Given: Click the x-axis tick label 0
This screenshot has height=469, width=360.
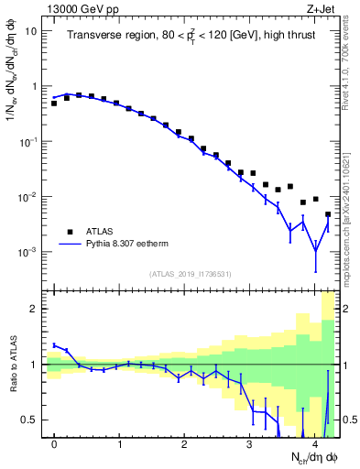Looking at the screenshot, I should pyautogui.click(x=54, y=445).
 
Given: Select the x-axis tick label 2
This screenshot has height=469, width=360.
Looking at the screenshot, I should pyautogui.click(x=184, y=445).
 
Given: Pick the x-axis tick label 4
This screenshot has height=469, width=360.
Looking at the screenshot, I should pyautogui.click(x=314, y=445).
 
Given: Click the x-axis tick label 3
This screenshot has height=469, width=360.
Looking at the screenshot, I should pyautogui.click(x=249, y=445).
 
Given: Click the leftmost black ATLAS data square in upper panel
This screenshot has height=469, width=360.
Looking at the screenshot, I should pyautogui.click(x=54, y=104).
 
